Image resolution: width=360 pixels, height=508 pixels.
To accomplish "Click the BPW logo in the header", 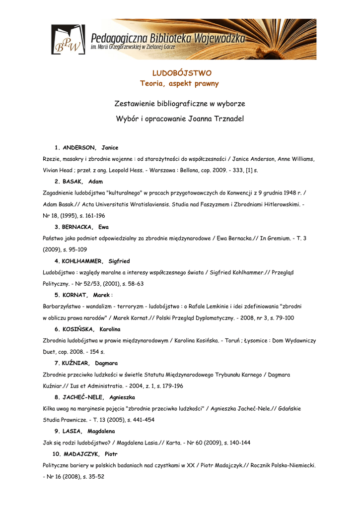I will [68, 40].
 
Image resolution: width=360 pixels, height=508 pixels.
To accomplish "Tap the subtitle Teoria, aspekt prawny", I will [179, 84].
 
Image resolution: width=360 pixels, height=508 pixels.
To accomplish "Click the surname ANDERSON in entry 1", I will [79, 148].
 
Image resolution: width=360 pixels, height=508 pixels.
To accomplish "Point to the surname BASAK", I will [73, 182].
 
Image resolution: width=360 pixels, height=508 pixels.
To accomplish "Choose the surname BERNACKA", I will [77, 227].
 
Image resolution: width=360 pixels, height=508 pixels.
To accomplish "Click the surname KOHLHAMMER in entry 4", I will [82, 261].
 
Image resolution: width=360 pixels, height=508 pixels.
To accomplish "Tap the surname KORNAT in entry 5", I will [74, 295].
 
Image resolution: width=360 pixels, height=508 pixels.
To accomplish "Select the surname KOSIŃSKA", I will [78, 329].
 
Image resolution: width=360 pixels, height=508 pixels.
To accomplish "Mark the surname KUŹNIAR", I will [76, 363].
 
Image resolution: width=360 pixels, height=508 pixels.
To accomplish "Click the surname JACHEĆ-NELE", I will [83, 397].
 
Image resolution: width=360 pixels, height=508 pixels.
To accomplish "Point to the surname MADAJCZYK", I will [81, 454].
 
